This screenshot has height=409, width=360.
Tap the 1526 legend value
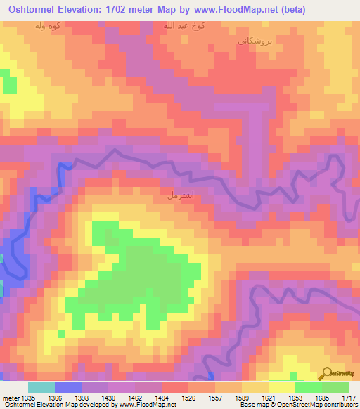(x=188, y=398)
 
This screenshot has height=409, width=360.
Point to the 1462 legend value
(x=135, y=398)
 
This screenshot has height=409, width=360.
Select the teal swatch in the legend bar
(x=41, y=387)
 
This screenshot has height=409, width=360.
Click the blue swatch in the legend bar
(x=67, y=387)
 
